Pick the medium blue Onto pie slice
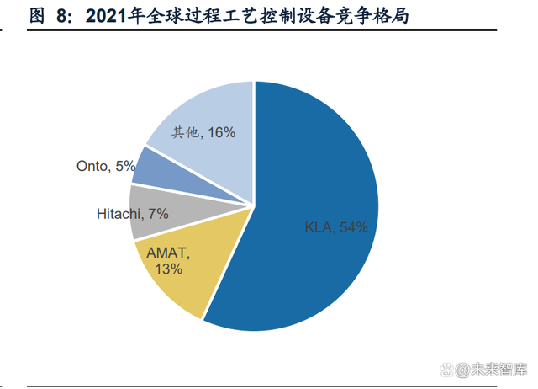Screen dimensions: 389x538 pyautogui.click(x=151, y=168)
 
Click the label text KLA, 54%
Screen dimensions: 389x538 pyautogui.click(x=336, y=227)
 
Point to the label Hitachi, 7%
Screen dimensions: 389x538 pyautogui.click(x=133, y=214)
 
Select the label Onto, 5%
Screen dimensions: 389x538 pyautogui.click(x=106, y=167)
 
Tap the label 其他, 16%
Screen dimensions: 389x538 pyautogui.click(x=203, y=132)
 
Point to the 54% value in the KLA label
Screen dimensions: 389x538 pyautogui.click(x=353, y=227)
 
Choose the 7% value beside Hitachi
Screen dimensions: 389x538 pyautogui.click(x=158, y=214)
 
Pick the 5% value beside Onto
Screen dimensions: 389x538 pyautogui.click(x=125, y=167)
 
